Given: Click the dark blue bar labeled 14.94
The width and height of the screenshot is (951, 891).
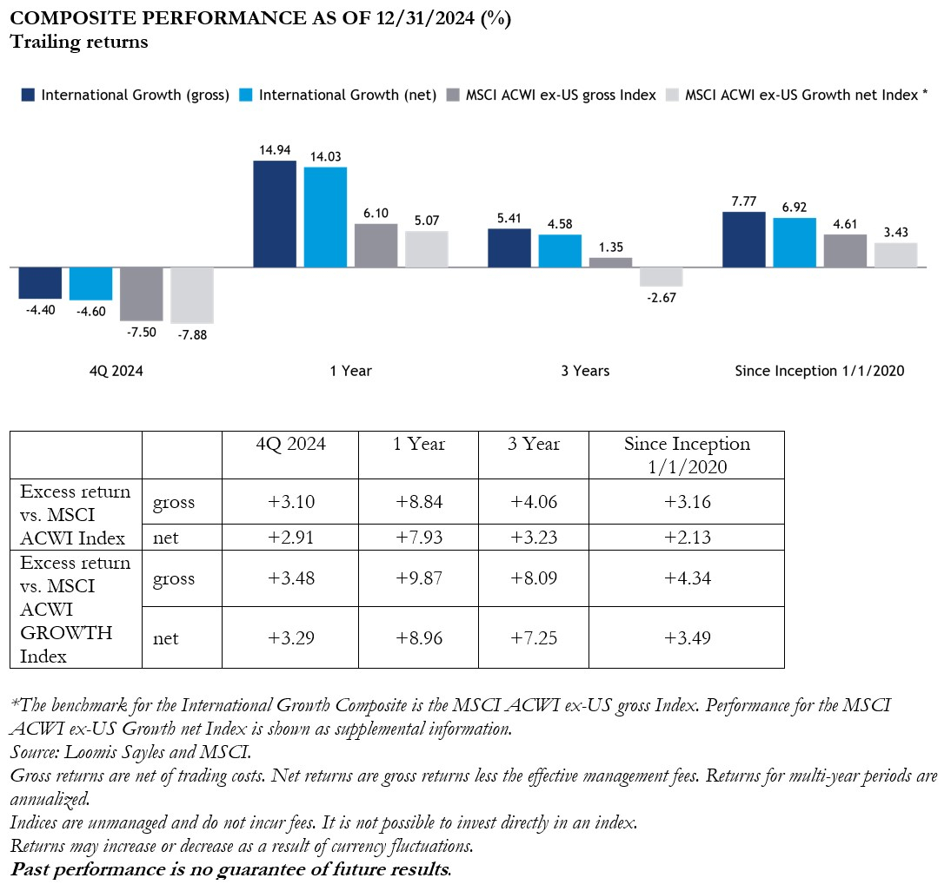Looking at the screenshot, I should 274,214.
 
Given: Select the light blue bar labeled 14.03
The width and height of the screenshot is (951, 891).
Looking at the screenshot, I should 325,217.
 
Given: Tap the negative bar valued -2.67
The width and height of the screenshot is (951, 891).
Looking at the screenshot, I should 661,276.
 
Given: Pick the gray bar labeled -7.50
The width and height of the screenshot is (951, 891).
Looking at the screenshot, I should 141,294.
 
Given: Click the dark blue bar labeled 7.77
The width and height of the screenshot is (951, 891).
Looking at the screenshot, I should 743,239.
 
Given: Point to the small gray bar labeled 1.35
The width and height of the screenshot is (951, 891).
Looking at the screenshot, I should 611,262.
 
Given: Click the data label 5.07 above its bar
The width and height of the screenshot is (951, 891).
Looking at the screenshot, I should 426,221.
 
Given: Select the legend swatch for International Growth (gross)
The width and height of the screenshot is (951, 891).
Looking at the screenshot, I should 29,96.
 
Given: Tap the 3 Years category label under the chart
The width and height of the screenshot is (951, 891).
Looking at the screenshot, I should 585,371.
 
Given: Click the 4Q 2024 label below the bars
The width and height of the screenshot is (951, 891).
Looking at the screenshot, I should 116,371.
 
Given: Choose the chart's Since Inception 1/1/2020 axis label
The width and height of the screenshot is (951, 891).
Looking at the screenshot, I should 820,371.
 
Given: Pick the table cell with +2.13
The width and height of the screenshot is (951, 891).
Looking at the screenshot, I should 687,538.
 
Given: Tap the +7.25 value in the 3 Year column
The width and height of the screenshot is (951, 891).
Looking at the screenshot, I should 534,638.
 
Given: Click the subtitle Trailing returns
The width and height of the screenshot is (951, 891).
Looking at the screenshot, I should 79,42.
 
